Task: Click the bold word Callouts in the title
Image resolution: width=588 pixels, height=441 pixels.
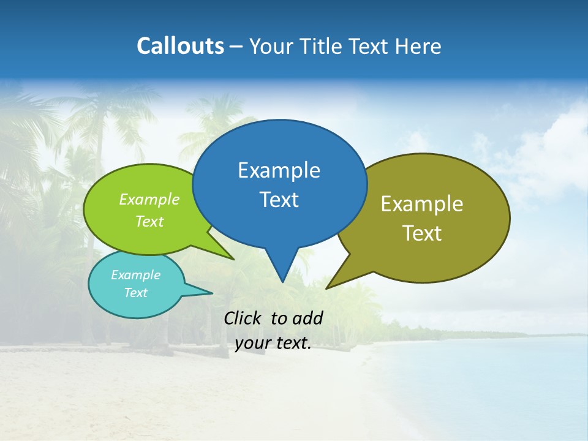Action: tap(180, 47)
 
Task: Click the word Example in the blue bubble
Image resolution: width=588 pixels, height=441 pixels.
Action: tap(279, 170)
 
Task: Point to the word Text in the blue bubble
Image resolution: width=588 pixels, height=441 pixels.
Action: tap(279, 200)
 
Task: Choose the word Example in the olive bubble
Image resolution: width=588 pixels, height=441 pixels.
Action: tap(422, 204)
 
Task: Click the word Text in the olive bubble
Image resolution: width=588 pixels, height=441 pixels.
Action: tap(422, 233)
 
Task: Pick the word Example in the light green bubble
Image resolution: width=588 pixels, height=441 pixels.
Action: tap(149, 200)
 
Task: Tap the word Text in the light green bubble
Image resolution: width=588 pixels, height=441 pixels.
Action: tap(149, 222)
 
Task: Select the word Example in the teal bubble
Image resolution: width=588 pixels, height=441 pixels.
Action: tap(135, 275)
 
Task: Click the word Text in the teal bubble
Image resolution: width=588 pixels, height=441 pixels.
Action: tap(135, 293)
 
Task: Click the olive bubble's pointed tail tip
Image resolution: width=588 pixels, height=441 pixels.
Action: tap(327, 288)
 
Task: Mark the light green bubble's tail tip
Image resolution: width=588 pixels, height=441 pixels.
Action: tap(233, 259)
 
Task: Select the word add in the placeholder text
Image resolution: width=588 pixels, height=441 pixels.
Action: tap(307, 318)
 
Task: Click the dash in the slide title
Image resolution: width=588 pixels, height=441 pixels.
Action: tap(236, 47)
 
